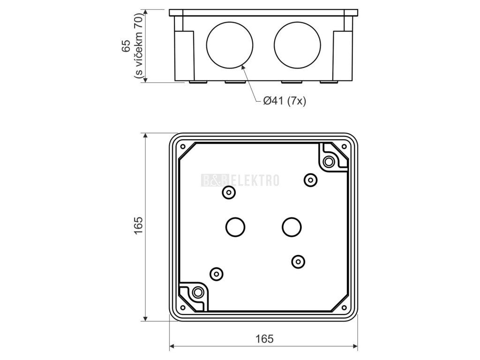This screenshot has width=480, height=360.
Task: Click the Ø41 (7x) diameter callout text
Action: click(x=285, y=100)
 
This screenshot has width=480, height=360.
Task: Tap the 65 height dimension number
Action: click(x=127, y=46)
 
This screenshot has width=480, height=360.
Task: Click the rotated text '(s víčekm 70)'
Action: click(x=139, y=45)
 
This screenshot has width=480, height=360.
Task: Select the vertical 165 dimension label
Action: click(x=139, y=225)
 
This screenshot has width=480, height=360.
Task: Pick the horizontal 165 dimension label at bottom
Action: click(x=264, y=338)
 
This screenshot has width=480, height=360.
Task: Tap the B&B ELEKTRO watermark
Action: click(x=240, y=180)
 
